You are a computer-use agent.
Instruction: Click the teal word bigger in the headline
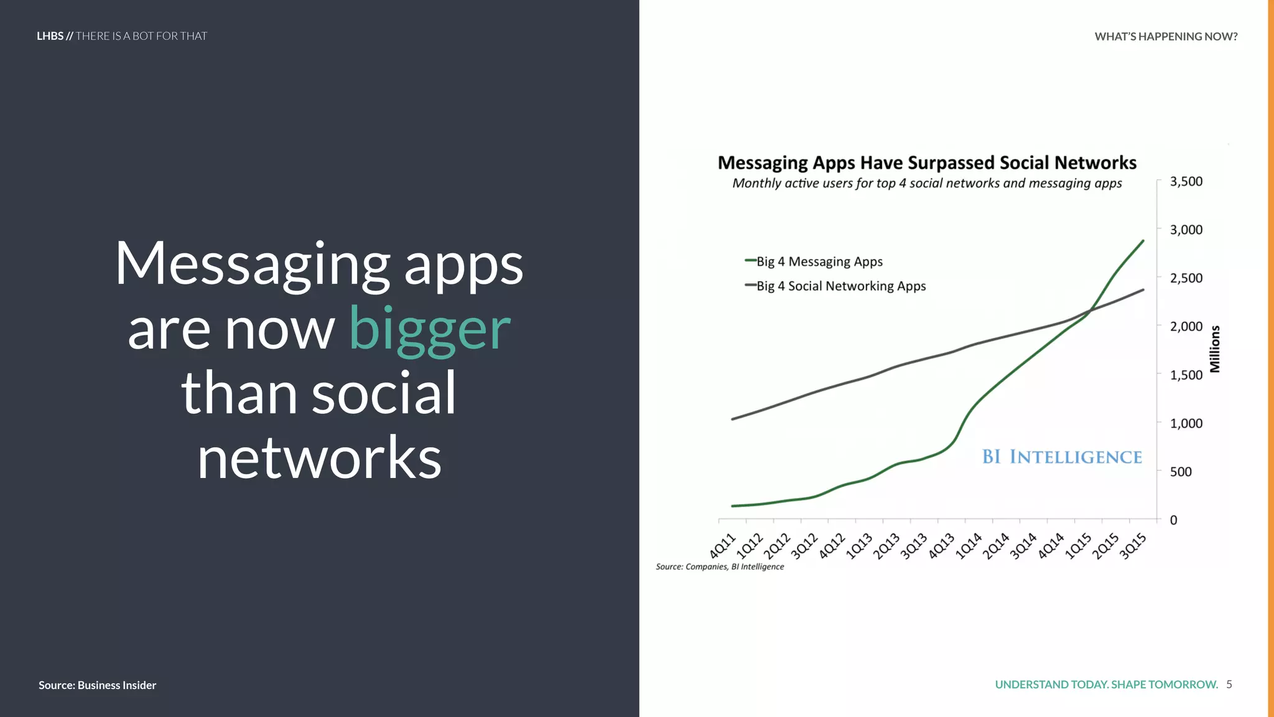tap(430, 330)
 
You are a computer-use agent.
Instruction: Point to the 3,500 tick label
tap(1186, 181)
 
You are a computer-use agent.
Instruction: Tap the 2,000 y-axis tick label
tap(1186, 326)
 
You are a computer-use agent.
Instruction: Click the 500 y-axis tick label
tap(1181, 471)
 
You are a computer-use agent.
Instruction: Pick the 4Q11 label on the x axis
tap(723, 546)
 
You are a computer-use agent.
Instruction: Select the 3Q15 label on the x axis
tap(1133, 546)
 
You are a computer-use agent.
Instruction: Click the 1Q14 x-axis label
tap(969, 546)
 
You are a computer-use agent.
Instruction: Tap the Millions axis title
tap(1215, 349)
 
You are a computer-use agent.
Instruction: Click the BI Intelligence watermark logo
tap(1062, 457)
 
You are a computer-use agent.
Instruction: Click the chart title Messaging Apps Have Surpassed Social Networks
tap(927, 162)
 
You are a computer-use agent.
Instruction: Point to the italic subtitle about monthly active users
tap(927, 183)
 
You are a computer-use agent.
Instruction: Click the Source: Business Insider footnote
tap(97, 685)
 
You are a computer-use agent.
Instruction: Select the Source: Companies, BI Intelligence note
tap(720, 566)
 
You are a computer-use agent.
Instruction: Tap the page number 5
tap(1229, 685)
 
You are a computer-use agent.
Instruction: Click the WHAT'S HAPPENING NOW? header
tap(1166, 36)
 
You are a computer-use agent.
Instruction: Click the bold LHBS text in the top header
tap(50, 36)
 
